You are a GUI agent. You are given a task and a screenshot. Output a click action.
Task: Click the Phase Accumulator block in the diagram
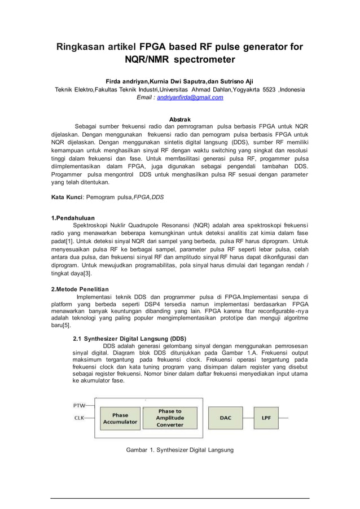pos(120,418)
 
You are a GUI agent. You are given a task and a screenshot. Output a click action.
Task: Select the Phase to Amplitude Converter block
pos(170,418)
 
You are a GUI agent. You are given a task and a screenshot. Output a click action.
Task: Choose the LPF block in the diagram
pos(265,418)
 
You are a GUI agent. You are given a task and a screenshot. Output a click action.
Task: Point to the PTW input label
pos(80,406)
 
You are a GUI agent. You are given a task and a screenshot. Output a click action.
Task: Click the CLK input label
pos(80,418)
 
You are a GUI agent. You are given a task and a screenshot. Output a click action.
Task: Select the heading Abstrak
pos(180,119)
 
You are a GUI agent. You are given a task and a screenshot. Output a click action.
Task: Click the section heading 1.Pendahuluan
pos(73,218)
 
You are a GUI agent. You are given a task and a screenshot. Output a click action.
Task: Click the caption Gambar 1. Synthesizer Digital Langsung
pos(179,450)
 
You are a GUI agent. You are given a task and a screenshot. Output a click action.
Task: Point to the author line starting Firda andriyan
pos(179,81)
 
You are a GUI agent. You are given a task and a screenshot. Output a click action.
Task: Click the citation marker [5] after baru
pos(66,326)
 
